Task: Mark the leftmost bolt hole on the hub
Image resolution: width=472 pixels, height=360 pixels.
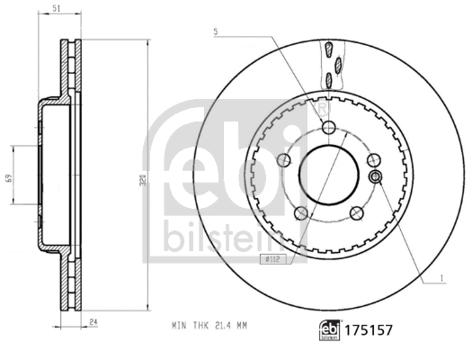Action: point(284,160)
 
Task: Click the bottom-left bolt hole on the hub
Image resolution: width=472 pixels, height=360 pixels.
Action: point(301,212)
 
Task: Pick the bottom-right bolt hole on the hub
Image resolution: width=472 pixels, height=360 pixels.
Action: point(356,212)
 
